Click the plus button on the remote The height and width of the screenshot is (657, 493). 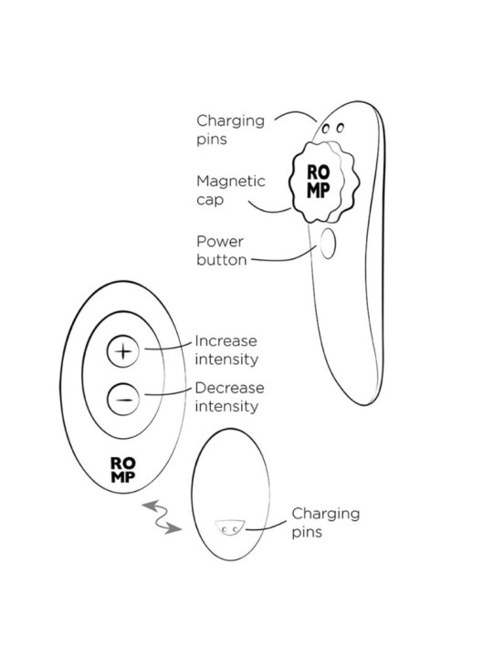123,351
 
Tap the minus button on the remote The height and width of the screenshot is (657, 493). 123,400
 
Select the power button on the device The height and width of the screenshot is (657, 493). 328,244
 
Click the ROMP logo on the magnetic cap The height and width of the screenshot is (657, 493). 319,181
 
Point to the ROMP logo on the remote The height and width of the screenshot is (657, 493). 123,470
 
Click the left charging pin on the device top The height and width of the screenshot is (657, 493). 325,129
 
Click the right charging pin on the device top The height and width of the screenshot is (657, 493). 340,128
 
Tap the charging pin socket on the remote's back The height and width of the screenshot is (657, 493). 230,527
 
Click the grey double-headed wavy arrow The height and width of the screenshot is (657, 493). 162,517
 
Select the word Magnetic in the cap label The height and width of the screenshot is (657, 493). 231,181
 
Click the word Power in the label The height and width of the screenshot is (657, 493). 220,241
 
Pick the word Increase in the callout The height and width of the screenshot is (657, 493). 226,341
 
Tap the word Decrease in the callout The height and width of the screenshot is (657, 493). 229,388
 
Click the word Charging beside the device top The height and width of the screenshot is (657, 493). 231,121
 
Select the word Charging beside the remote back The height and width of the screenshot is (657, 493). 326,514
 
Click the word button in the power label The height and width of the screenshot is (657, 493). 221,260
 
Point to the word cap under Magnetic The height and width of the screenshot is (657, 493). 210,200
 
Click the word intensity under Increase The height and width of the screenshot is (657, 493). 226,360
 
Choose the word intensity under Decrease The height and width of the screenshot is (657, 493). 226,406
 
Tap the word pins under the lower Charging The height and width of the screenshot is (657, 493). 307,533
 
